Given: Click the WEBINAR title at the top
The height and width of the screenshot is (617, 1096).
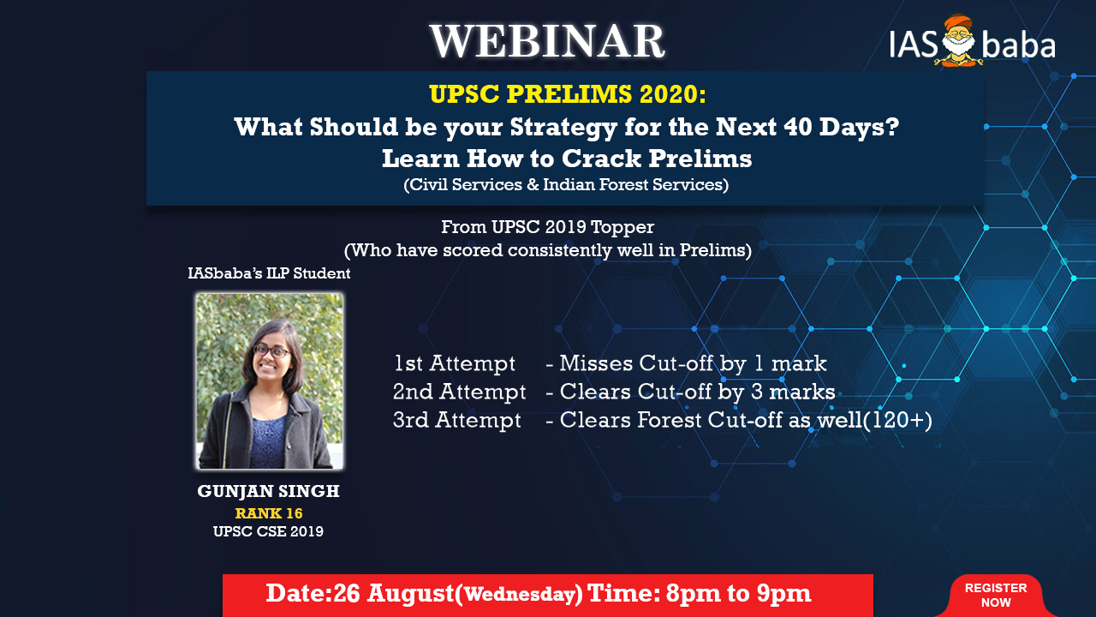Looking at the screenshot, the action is [x=547, y=41].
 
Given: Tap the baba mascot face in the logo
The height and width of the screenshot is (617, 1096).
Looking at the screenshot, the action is [x=959, y=40].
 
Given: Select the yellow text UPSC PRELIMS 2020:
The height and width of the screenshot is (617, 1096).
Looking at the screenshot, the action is [x=568, y=94].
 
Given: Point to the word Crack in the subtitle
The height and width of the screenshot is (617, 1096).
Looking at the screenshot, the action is [x=601, y=159].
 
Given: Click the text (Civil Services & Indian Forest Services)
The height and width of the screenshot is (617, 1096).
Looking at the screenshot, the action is [x=566, y=184].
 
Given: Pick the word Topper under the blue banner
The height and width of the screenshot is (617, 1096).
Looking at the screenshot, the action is [x=622, y=228].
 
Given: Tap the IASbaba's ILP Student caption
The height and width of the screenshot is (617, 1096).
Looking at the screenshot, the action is [x=269, y=273].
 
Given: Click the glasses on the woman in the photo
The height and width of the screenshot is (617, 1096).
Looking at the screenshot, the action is [x=271, y=350].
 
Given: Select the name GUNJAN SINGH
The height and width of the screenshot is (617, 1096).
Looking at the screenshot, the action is [x=268, y=491].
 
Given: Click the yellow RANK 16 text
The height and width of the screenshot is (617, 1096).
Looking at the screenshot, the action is [x=269, y=513].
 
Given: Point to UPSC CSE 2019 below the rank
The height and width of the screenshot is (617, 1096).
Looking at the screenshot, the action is [x=268, y=531].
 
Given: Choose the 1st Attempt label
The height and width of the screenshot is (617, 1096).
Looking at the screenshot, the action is [x=455, y=364].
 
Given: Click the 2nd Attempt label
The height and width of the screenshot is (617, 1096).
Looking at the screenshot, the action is [x=459, y=392].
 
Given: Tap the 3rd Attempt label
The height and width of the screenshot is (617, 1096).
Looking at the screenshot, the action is [x=457, y=420].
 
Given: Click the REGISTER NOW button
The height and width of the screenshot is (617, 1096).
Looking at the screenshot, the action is [x=996, y=595].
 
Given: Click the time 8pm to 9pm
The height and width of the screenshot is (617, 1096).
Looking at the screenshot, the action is [x=738, y=594].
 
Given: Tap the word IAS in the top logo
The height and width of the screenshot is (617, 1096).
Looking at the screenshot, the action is [x=913, y=45].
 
